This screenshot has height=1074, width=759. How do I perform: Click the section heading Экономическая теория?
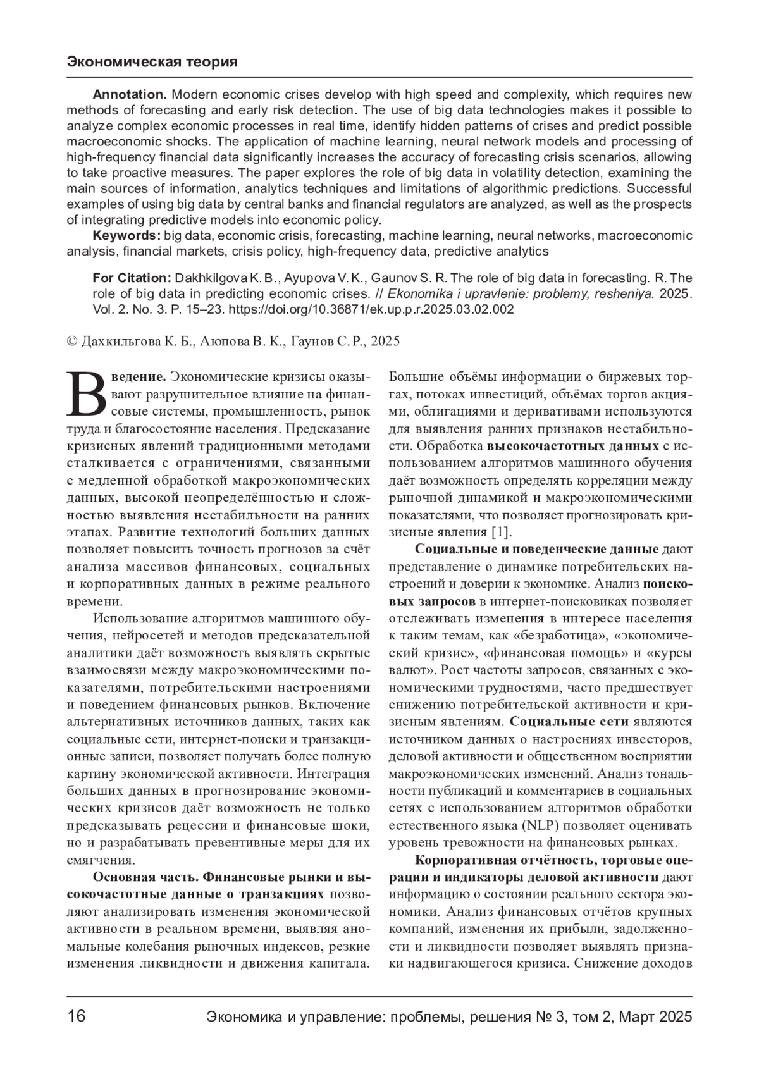point(152,62)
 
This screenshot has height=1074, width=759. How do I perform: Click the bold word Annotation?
point(129,95)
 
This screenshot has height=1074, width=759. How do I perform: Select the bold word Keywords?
point(126,236)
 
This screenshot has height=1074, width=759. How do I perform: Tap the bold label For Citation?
point(132,278)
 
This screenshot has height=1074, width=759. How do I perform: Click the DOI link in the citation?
point(370,309)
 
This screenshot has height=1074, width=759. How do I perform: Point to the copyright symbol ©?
point(71,342)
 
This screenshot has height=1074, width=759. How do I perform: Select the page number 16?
point(76,1017)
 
